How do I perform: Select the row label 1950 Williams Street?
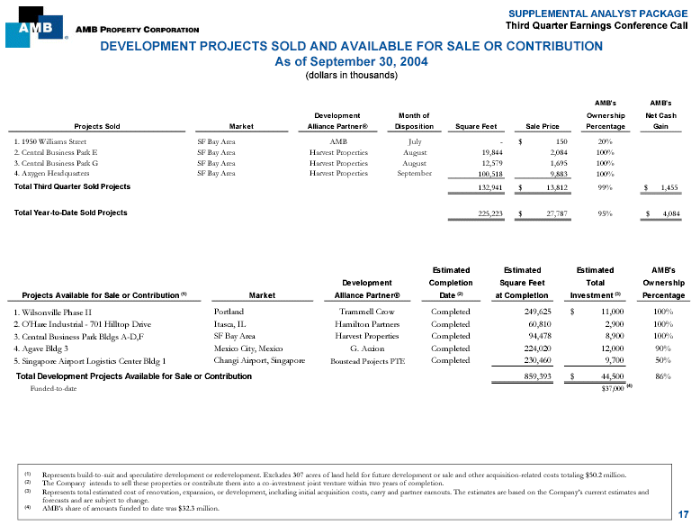[50, 141]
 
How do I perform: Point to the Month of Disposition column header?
[414, 121]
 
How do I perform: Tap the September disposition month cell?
[414, 174]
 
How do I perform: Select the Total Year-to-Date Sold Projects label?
[71, 213]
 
